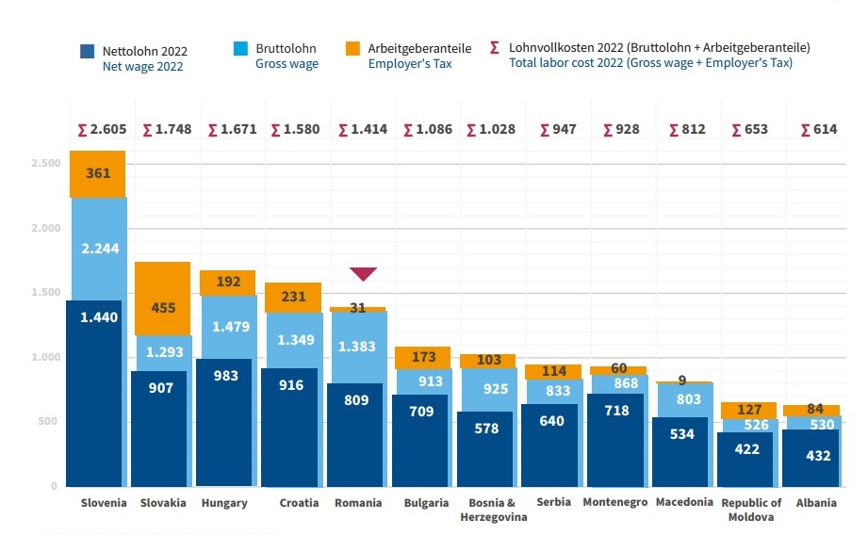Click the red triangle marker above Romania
pyautogui.click(x=363, y=274)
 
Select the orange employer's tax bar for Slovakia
pyautogui.click(x=162, y=299)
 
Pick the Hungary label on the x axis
pyautogui.click(x=224, y=503)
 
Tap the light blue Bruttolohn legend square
pyautogui.click(x=240, y=48)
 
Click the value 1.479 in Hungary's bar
pyautogui.click(x=227, y=326)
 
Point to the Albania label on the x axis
pyautogui.click(x=815, y=503)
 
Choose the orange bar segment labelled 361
pyautogui.click(x=98, y=174)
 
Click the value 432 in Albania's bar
pyautogui.click(x=819, y=455)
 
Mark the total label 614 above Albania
pyautogui.click(x=818, y=129)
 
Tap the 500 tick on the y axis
pyautogui.click(x=48, y=422)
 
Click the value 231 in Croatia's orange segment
pyautogui.click(x=293, y=296)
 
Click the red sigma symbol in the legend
pyautogui.click(x=495, y=46)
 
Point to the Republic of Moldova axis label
pyautogui.click(x=751, y=510)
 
